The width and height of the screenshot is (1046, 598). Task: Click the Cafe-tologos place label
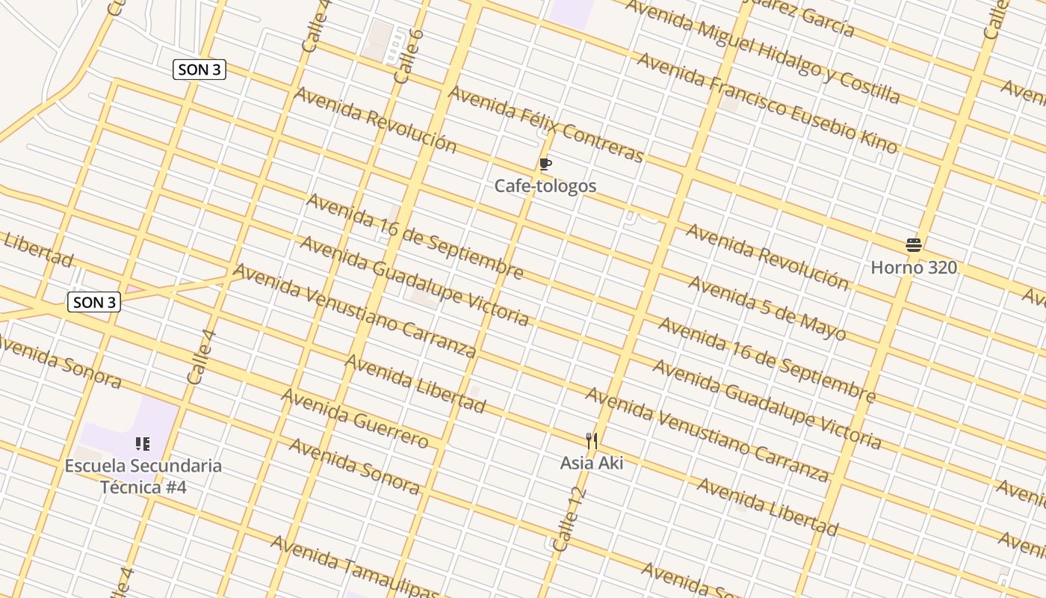tap(545, 185)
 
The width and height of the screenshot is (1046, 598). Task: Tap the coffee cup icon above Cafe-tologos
tap(545, 164)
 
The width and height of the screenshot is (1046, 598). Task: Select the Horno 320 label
tap(914, 267)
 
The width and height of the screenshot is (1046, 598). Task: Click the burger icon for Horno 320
tap(913, 245)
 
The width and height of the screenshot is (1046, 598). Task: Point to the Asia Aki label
tap(592, 463)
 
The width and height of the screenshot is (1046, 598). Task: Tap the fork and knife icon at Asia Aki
tap(592, 441)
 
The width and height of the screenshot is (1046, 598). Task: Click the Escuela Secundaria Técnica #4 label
tap(143, 476)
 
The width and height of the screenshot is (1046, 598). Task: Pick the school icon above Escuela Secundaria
tap(143, 445)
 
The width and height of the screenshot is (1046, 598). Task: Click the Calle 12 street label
tap(567, 520)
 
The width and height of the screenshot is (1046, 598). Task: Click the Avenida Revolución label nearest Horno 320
tap(767, 256)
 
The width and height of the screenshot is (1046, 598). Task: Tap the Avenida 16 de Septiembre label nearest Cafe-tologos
tap(415, 235)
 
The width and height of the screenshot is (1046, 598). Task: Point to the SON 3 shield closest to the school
tap(94, 302)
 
